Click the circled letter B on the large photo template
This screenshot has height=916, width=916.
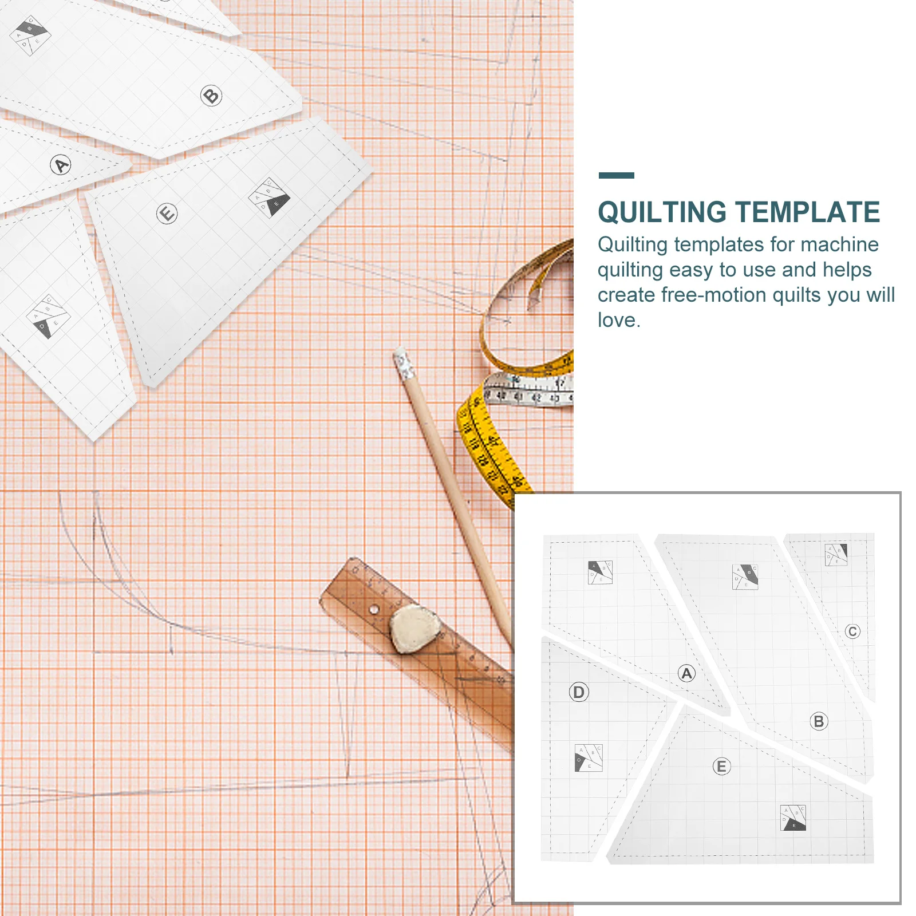coord(211,95)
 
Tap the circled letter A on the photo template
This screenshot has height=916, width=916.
coord(60,165)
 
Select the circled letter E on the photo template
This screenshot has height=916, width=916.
coord(167,214)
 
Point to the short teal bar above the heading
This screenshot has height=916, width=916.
coord(616,175)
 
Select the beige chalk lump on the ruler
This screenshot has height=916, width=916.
coord(414,629)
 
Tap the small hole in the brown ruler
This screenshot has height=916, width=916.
coord(373,610)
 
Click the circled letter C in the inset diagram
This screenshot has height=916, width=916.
coord(852,631)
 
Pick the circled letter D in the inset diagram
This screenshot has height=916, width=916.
coord(579,692)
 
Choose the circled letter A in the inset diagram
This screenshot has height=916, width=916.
coord(686,673)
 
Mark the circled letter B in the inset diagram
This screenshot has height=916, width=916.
coord(819,721)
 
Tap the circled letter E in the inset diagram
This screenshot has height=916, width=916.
coord(721,767)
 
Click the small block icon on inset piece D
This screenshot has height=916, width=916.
coord(589,757)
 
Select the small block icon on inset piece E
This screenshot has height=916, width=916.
coord(793,818)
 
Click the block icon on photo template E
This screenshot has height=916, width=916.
coord(270,198)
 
